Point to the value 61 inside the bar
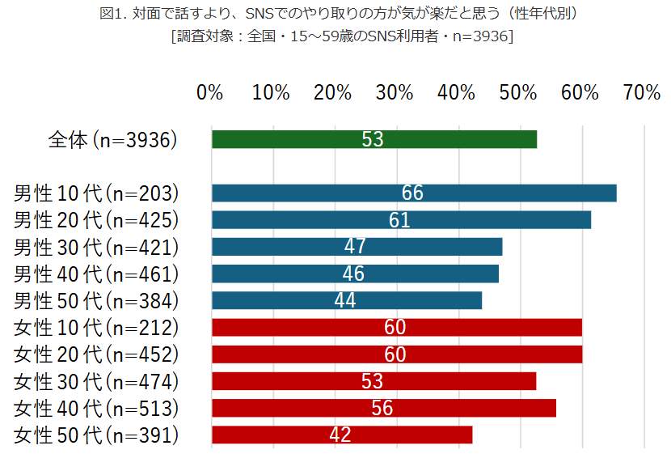click(x=399, y=220)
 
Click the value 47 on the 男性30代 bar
click(x=355, y=247)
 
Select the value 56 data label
click(x=382, y=408)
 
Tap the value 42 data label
click(x=340, y=435)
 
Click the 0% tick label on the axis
click(x=209, y=93)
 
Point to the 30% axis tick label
click(x=395, y=93)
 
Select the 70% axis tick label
click(x=642, y=93)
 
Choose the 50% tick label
click(x=518, y=93)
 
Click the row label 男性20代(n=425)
click(x=96, y=220)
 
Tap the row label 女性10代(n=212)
click(x=96, y=328)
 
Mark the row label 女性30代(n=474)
click(x=96, y=381)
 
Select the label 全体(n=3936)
click(x=112, y=139)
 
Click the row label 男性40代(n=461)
click(x=96, y=274)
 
